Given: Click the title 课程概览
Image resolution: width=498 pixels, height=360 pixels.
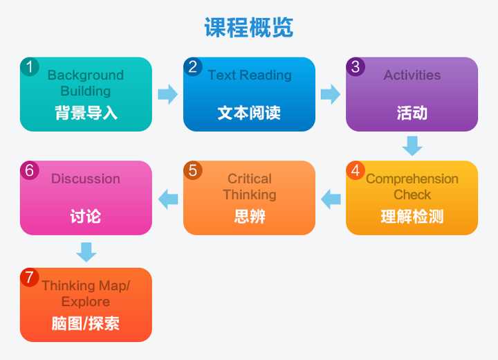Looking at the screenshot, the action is point(249,28).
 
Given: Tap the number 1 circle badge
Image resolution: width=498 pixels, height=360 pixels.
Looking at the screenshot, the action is point(30,66).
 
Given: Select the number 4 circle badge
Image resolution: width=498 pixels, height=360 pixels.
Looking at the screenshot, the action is point(356,170).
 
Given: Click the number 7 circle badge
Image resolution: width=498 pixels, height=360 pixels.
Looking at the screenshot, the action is point(30,278).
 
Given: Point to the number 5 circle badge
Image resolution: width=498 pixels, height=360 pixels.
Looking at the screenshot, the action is point(193,170).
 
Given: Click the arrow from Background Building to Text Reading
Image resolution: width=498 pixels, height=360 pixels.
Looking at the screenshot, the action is point(167,94).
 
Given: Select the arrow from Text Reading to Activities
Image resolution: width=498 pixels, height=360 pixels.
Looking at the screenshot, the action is point(331,94).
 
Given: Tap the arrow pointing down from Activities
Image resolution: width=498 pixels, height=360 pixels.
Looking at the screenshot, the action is point(412,146).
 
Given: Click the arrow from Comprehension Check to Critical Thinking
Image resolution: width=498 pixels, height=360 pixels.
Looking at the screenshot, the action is point(331,199).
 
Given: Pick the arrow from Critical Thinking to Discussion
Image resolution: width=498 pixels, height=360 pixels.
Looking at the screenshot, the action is point(167,199).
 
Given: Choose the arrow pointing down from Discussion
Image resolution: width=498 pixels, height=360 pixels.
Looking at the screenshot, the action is point(86,252).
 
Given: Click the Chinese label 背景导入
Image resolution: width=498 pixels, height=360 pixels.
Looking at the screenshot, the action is point(86,113).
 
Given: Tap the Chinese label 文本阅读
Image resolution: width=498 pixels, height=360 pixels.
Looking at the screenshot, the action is point(249,113).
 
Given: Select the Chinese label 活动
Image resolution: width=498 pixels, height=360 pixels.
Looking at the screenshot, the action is point(412,113).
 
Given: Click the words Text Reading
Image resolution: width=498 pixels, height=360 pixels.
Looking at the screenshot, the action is point(250,75).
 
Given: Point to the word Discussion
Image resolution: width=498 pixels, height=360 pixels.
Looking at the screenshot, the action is point(86,179).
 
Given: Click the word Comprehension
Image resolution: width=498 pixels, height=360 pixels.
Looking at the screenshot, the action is point(412,179).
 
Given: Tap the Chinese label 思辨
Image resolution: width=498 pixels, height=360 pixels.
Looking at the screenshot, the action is point(250,217).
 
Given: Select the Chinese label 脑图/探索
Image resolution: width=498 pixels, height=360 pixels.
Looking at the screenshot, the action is point(86,323).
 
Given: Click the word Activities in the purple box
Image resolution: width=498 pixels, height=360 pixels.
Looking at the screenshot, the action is point(412,75).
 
